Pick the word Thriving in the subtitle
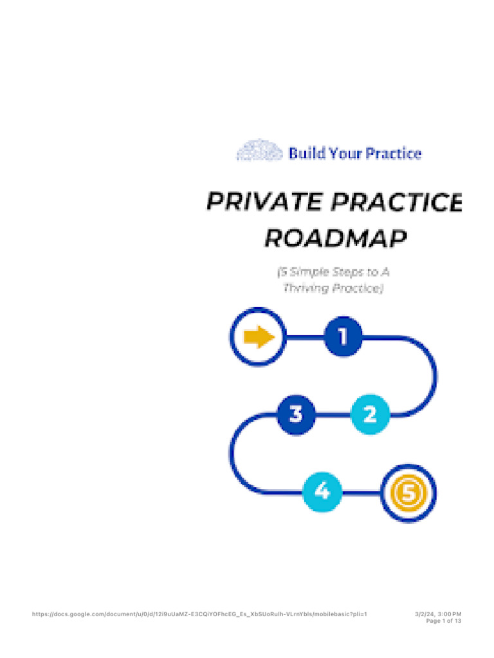306,289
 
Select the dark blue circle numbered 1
343,336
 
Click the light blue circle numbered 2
370,414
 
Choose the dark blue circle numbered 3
296,414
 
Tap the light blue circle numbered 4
322,493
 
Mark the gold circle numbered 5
408,493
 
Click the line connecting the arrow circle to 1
303,336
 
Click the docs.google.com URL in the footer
199,614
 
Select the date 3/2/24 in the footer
425,614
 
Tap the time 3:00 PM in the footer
450,614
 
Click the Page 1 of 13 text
444,621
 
